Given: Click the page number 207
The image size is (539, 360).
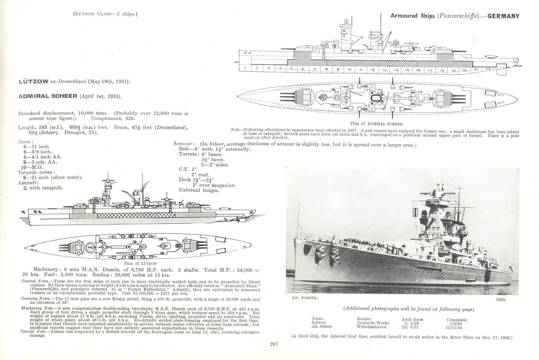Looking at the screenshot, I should (275, 344).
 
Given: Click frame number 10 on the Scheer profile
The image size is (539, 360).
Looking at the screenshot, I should (349, 69).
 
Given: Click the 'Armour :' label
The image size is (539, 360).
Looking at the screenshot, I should (184, 144).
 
